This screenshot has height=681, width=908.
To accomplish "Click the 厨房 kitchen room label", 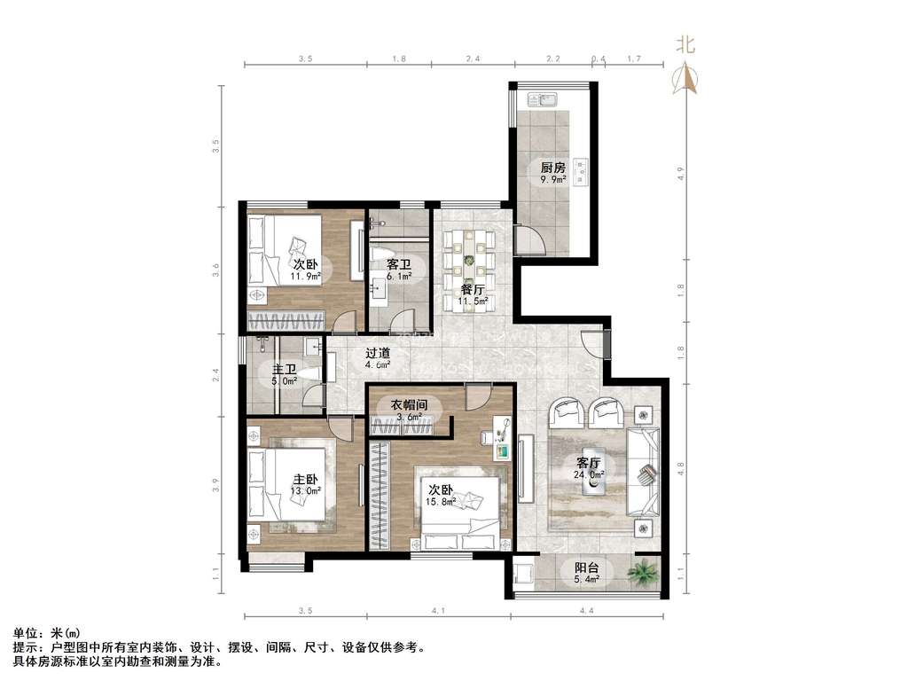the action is point(552,168).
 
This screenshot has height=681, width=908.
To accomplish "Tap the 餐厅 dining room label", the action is point(473,290).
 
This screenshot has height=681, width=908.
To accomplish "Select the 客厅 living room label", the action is point(589,463).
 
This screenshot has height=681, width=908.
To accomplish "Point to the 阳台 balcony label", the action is point(586,567).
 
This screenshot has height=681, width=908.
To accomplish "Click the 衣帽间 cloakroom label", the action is point(408,404).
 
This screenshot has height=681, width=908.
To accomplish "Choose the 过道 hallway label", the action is point(378,353).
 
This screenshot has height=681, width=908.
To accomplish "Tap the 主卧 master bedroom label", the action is point(305,480).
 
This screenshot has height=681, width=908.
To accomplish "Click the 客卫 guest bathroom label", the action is point(398,264).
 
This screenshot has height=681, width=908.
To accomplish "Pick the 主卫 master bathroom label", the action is point(285,369).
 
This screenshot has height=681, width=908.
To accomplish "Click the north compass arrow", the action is point(685,79).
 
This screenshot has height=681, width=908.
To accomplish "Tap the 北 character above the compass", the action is point(686,44).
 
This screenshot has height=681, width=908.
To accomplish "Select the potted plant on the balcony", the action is point(644,572).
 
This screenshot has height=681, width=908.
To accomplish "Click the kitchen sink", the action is point(543,100).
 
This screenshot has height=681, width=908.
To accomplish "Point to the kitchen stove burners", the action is point(580,173).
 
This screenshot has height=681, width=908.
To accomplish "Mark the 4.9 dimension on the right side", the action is point(681,173).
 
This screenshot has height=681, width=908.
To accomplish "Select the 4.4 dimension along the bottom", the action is point(587,610).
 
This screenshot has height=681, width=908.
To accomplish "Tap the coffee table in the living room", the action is point(592,483).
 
